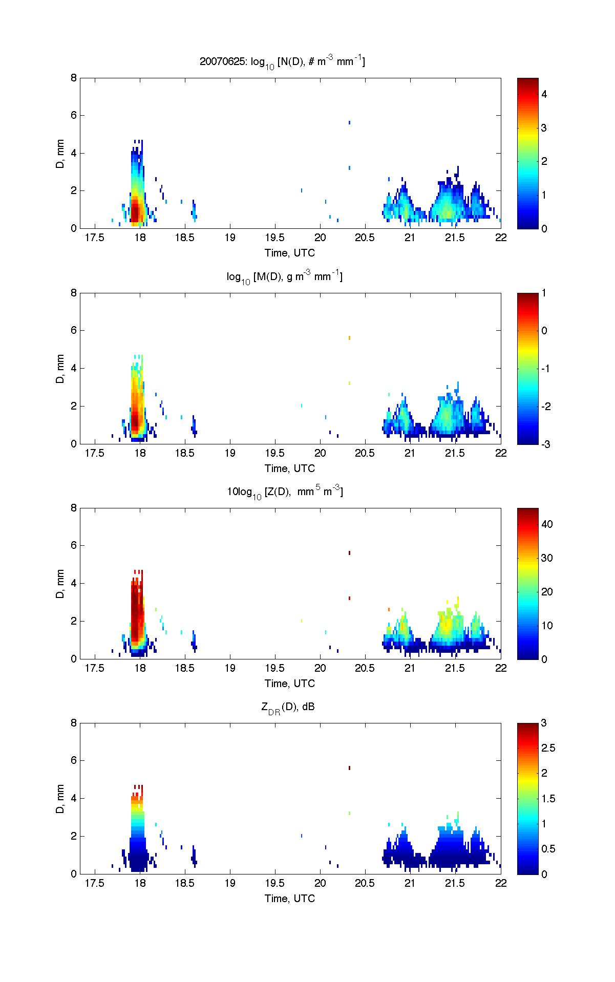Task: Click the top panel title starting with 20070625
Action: point(282,62)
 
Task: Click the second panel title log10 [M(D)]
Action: point(285,277)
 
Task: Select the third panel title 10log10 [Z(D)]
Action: point(285,493)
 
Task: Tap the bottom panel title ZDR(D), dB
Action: point(288,708)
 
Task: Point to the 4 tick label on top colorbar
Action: point(544,94)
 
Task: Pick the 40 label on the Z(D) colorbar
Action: point(547,524)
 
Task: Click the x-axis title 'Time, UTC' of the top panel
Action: point(290,253)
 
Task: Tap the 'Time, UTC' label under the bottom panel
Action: point(290,898)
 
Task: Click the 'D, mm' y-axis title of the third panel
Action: point(60,583)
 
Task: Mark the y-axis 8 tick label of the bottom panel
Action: point(74,723)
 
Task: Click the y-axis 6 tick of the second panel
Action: point(74,331)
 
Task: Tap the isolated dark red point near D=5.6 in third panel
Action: point(349,553)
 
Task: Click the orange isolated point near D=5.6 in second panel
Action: point(349,338)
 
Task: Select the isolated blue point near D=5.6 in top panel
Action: point(349,122)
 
